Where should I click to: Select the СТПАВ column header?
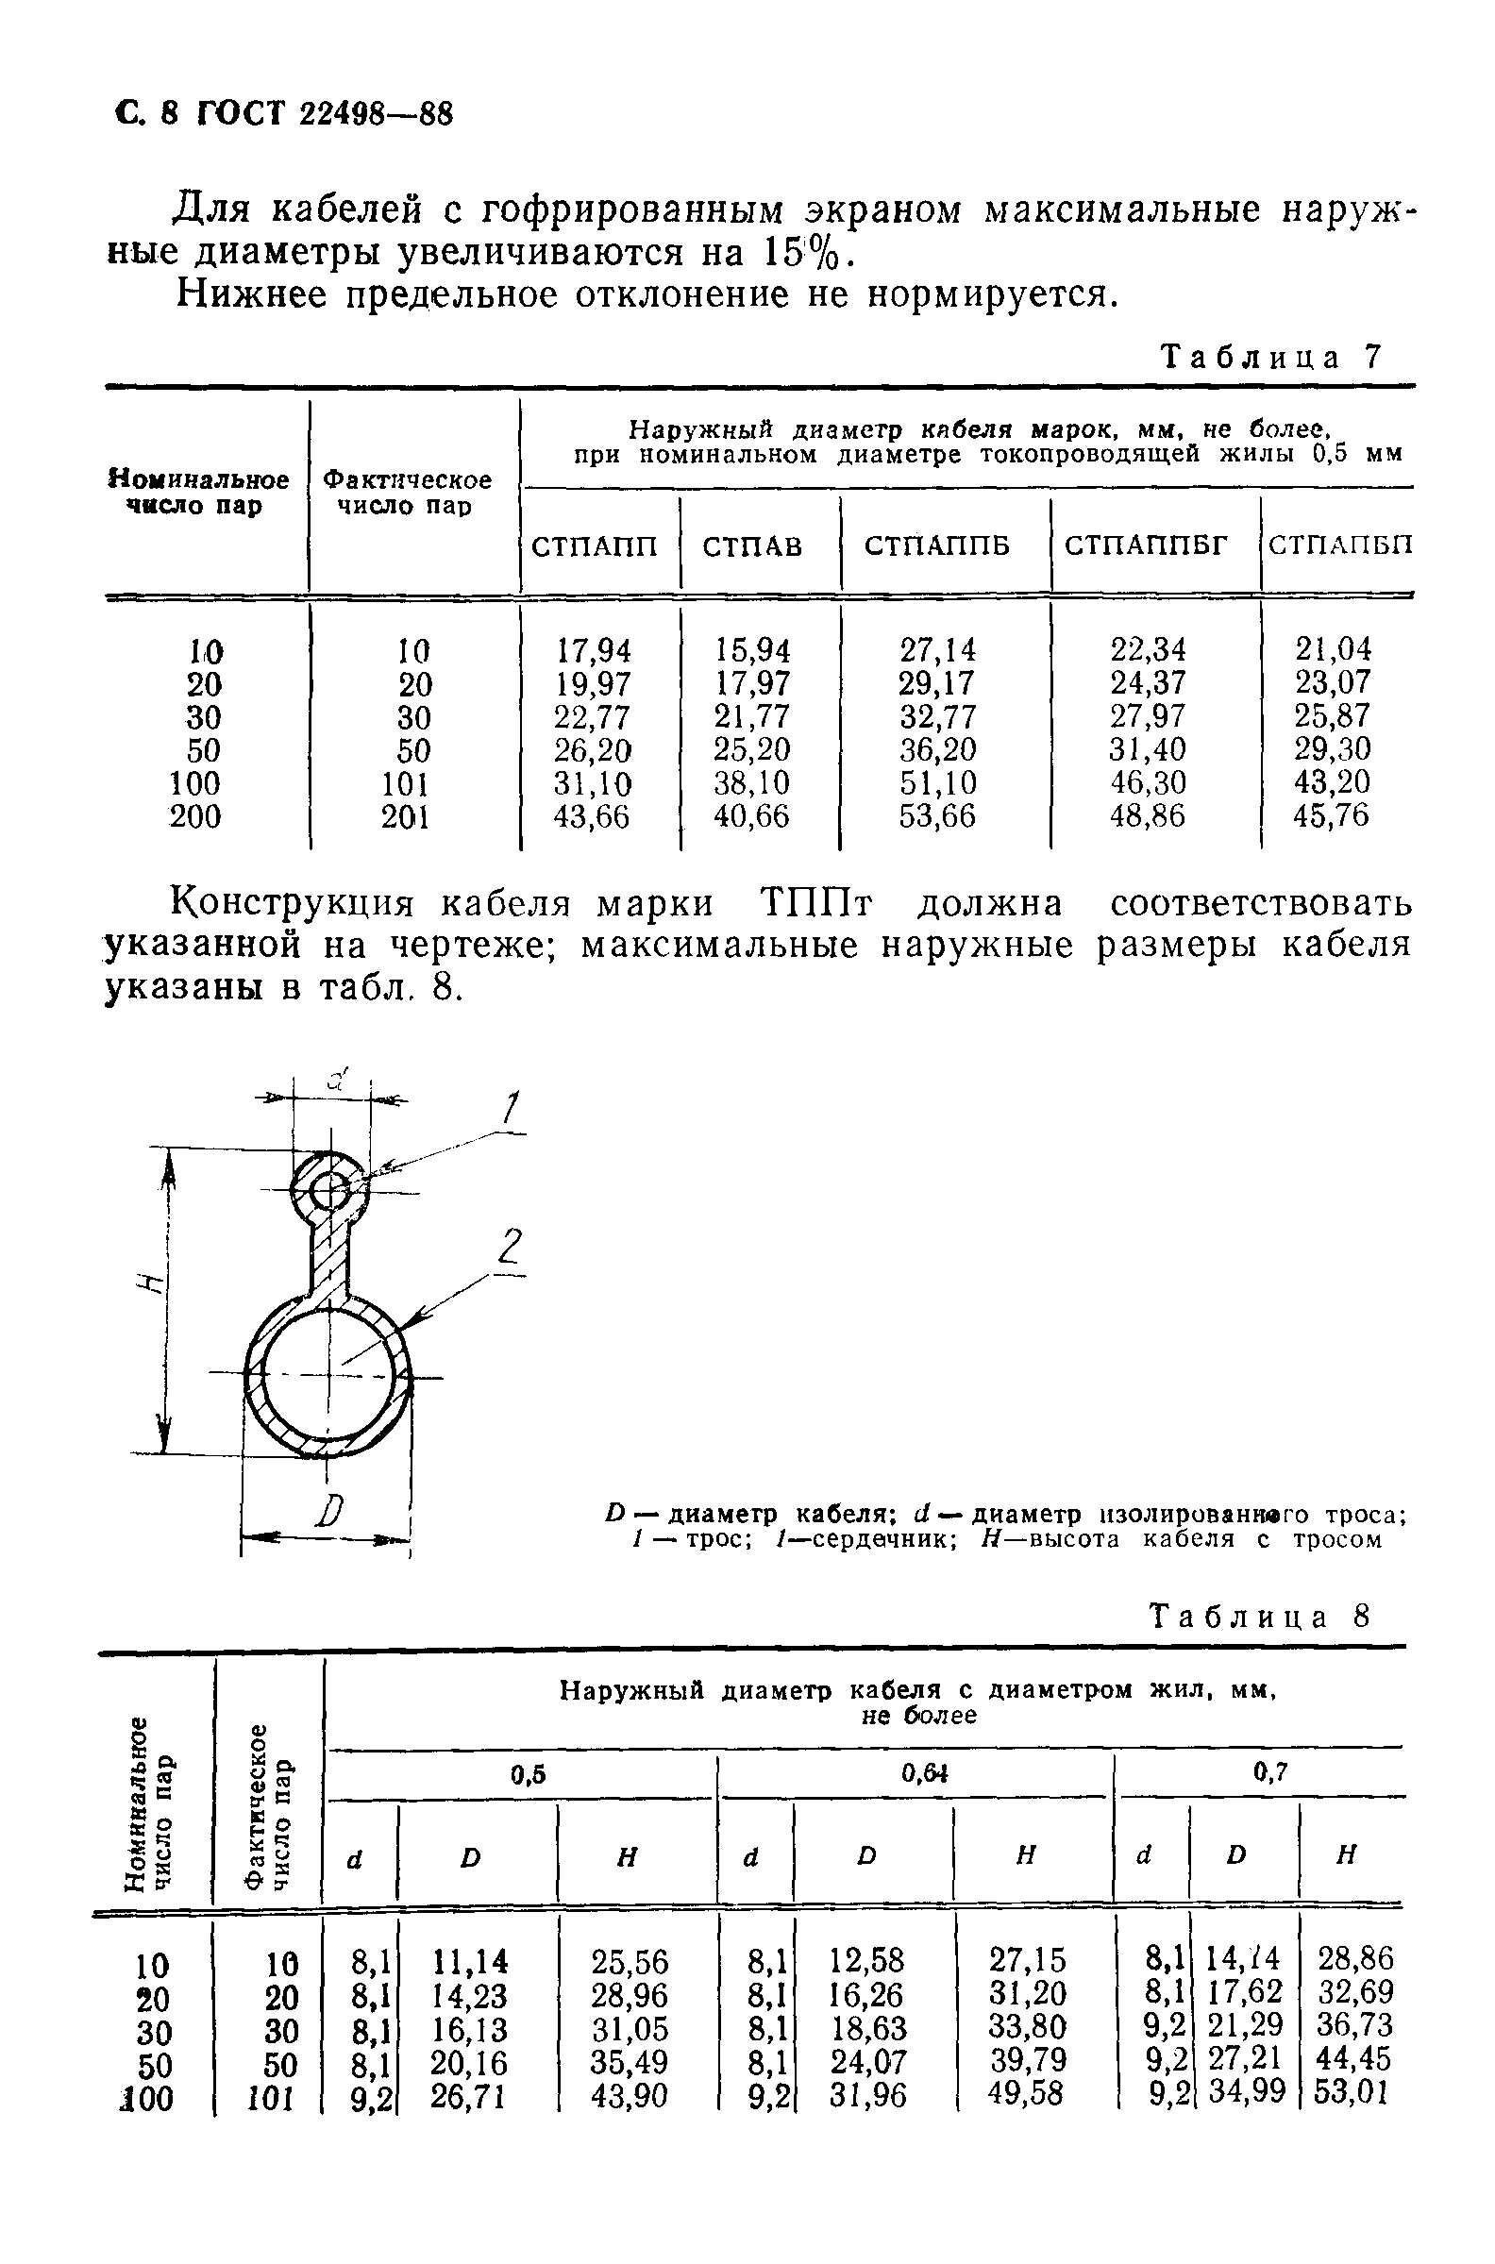(x=752, y=546)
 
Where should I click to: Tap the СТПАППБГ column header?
(x=1146, y=545)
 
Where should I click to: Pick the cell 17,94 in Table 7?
(x=593, y=650)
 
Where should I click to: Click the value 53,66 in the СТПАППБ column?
(x=937, y=817)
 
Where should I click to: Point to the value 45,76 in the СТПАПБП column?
(x=1331, y=816)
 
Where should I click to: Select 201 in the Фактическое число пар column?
(x=405, y=817)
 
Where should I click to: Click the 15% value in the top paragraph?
(x=804, y=253)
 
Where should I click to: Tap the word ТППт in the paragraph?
(x=816, y=903)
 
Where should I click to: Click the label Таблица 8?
(x=1261, y=1617)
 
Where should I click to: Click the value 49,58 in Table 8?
(x=1025, y=2093)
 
